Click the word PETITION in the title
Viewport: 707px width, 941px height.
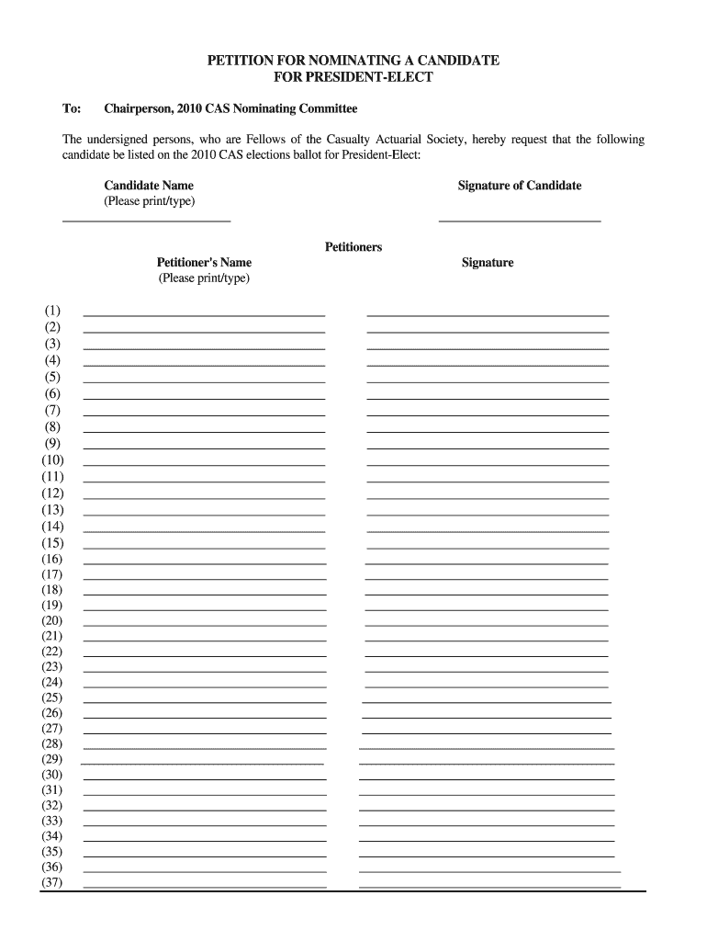(x=237, y=61)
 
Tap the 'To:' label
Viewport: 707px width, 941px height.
(x=72, y=109)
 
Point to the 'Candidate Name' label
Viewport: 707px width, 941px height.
(x=149, y=186)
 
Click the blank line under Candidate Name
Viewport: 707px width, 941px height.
(x=146, y=221)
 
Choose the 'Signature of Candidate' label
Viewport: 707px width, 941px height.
(x=520, y=186)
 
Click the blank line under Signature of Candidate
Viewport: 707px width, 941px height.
(x=520, y=221)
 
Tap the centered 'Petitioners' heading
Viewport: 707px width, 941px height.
(x=353, y=247)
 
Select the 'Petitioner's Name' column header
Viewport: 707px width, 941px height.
(x=204, y=263)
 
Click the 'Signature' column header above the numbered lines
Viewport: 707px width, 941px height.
(x=488, y=263)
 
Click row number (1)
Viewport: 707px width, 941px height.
(x=51, y=311)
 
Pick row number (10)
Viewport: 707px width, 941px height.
(x=52, y=460)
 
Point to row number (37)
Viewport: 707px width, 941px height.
(x=52, y=883)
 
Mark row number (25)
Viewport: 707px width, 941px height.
(x=52, y=697)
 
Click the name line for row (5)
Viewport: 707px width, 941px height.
(x=204, y=381)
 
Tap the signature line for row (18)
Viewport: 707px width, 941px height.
(x=486, y=595)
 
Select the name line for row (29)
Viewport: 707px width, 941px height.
(x=202, y=764)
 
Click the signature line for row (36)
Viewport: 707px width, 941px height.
(x=489, y=871)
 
